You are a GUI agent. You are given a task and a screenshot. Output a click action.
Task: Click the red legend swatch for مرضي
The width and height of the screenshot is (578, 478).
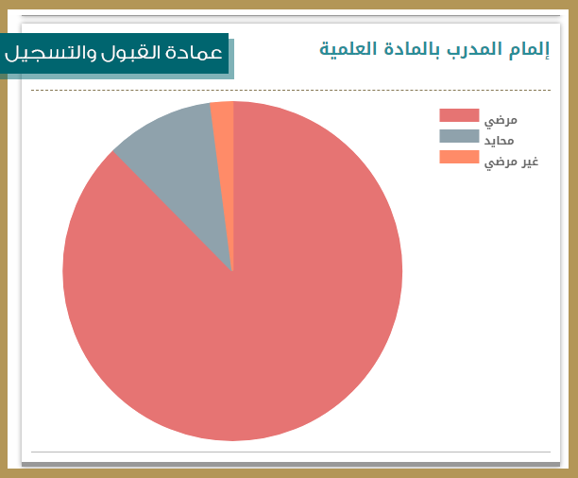pos(459,115)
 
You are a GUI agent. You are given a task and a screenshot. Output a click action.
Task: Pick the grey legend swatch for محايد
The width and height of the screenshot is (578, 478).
pos(459,136)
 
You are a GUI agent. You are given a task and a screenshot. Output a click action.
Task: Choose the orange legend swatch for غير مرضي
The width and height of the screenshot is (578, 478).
pos(459,157)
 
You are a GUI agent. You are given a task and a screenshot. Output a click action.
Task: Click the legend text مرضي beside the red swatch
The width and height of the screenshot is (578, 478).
pos(501,121)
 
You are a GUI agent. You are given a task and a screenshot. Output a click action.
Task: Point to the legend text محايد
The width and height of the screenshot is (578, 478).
pos(499,141)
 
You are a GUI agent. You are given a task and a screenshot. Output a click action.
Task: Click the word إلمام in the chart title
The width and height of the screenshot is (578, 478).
pos(529,49)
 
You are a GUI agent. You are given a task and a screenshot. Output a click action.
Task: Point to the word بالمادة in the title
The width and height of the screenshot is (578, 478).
pos(412,49)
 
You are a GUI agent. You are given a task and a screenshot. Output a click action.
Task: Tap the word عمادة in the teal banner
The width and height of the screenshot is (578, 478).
pos(194,53)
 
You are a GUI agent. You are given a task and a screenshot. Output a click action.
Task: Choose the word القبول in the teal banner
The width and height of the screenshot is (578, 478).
pos(129,53)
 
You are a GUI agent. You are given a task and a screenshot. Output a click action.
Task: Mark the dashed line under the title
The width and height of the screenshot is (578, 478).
pos(291,90)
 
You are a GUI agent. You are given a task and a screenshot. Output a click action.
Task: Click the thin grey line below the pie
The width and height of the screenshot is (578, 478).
pos(291,452)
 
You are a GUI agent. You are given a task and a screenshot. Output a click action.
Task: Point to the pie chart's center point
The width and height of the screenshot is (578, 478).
pos(232,271)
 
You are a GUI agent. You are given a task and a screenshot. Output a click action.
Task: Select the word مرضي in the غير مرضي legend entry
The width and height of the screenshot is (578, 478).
pos(501,162)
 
